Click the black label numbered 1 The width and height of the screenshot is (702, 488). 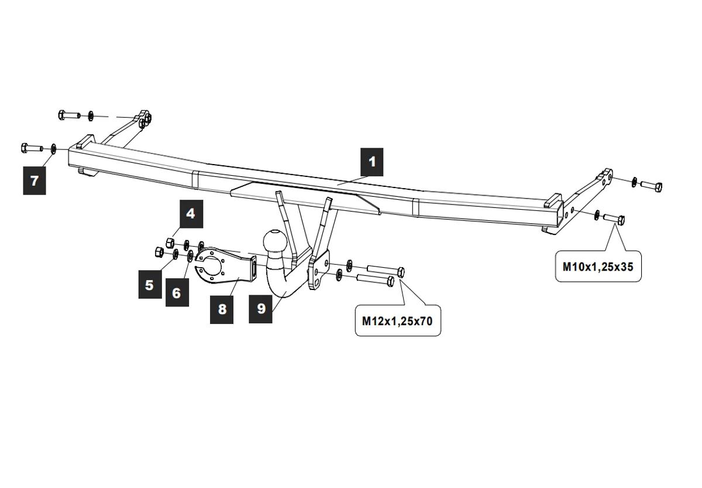[372, 162]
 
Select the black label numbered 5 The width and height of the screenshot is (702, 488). [150, 285]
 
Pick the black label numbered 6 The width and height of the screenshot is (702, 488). [177, 292]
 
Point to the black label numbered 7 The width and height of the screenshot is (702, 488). [35, 180]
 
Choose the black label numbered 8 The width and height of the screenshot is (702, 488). [222, 309]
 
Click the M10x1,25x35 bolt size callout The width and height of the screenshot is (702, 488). [598, 266]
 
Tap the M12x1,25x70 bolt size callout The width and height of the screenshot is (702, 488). [398, 320]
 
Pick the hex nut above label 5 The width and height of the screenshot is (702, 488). [158, 252]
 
